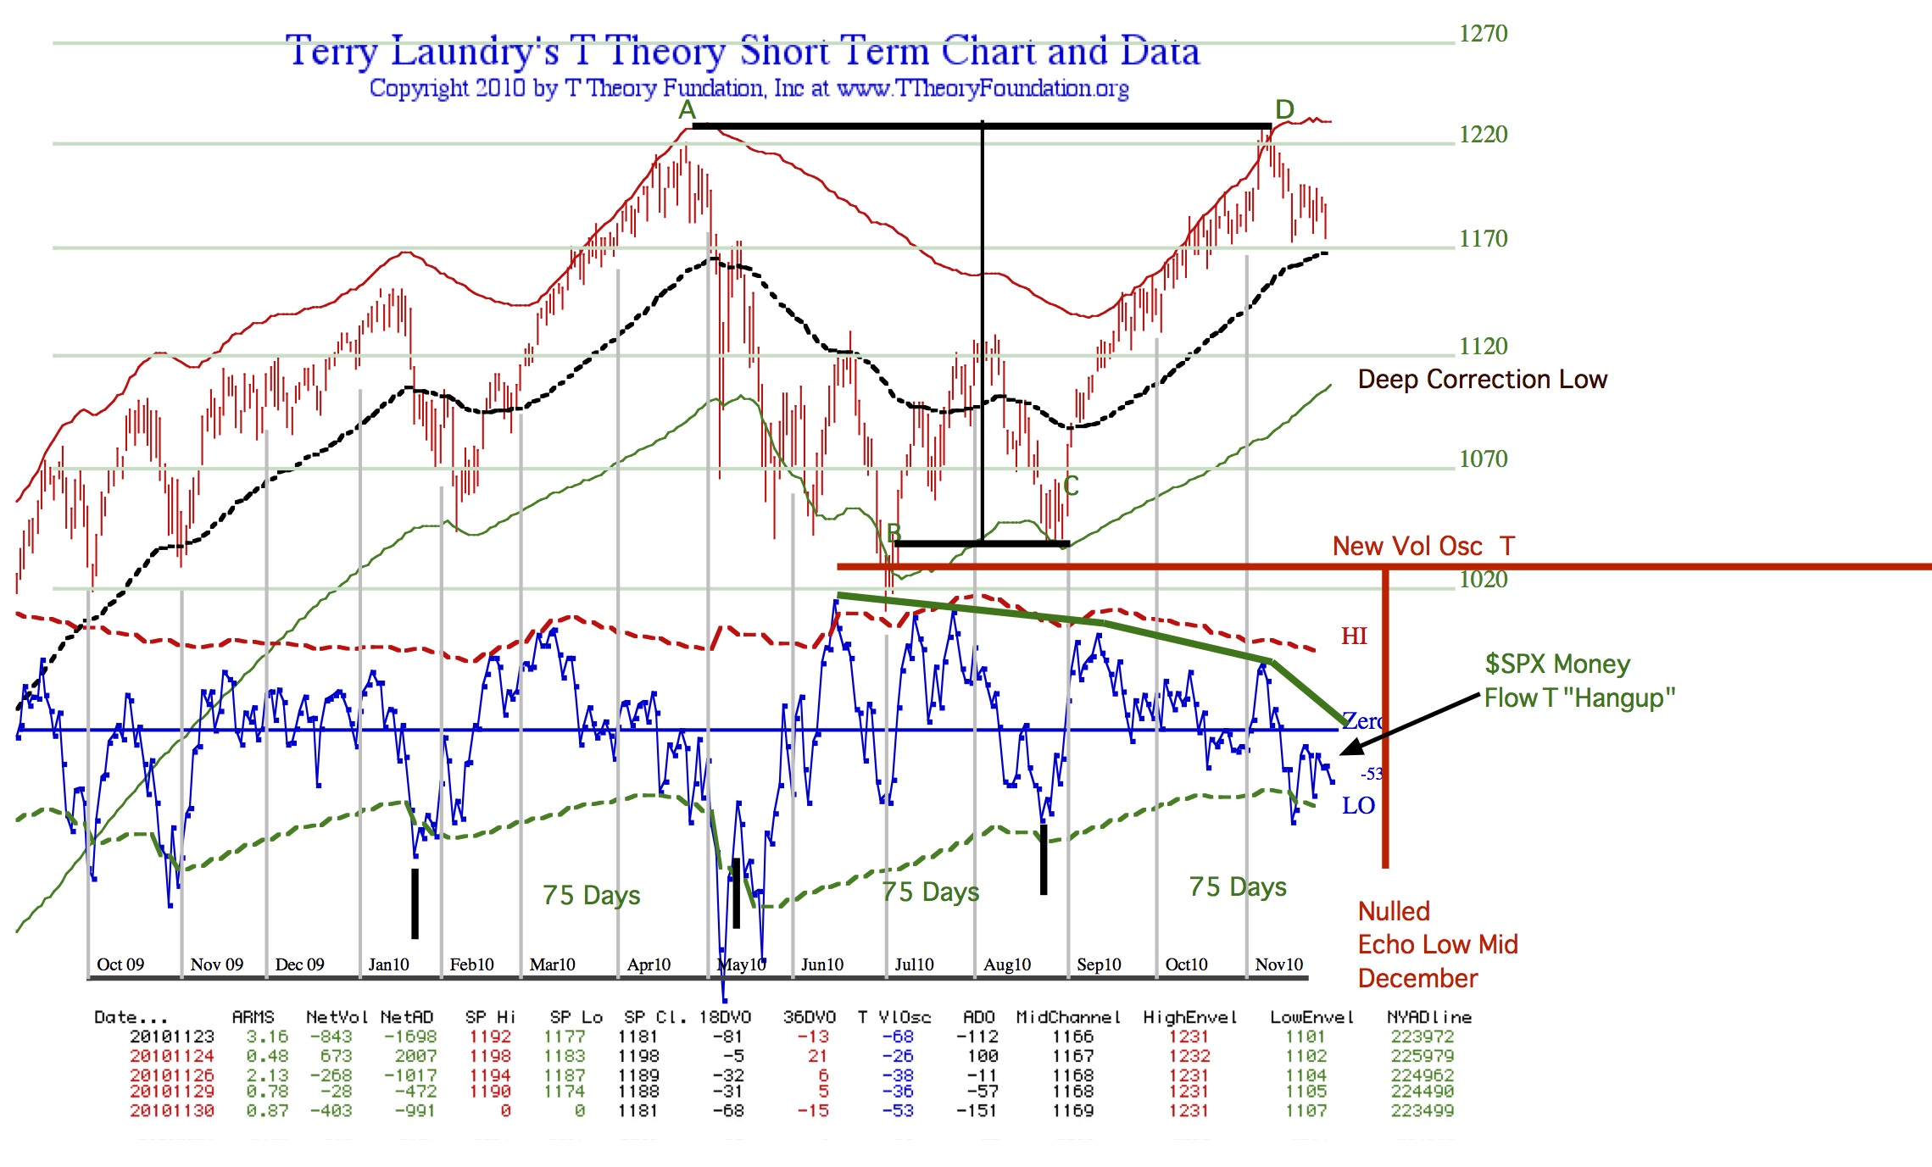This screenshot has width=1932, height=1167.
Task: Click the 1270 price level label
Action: [1483, 34]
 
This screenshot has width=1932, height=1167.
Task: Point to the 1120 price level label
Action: [1483, 347]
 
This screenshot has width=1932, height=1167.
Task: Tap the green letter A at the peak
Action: [687, 110]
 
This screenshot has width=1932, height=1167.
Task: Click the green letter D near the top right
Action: [1284, 109]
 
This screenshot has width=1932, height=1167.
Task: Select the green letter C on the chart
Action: [1071, 486]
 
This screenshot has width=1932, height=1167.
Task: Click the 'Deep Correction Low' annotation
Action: [1482, 379]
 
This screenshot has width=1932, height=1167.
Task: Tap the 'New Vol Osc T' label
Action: [1423, 547]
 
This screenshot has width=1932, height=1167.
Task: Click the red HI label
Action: [1354, 636]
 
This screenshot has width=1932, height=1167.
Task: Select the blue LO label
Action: [1358, 806]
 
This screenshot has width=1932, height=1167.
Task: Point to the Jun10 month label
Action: [822, 964]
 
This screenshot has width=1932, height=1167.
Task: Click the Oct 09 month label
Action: [120, 964]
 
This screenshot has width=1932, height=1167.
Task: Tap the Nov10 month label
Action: [1278, 964]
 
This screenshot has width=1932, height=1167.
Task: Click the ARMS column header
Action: [253, 1017]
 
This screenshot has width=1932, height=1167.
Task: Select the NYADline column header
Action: [1428, 1017]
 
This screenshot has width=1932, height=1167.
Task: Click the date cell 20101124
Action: [172, 1056]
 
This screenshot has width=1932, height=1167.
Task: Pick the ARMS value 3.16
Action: [267, 1036]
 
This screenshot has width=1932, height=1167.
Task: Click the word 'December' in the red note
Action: [1417, 979]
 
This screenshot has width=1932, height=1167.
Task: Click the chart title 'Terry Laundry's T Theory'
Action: [509, 51]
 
